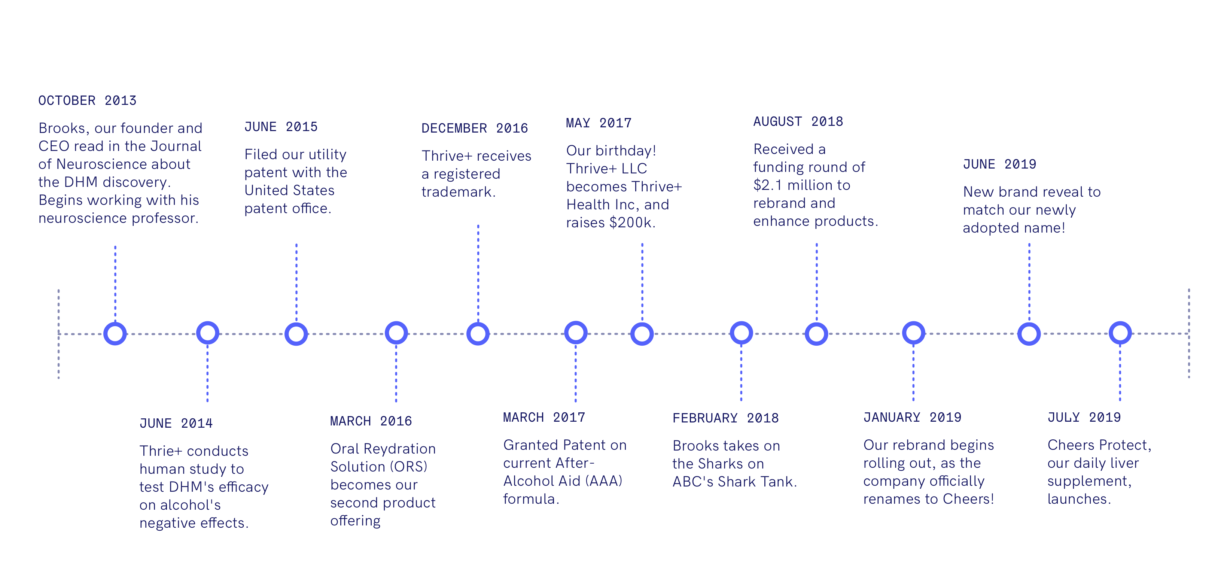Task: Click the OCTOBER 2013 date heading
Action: coord(87,100)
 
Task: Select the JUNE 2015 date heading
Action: coord(281,127)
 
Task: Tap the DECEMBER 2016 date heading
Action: coord(474,128)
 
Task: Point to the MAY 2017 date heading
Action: coord(599,123)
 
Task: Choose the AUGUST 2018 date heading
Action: coord(798,121)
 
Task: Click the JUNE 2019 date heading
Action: coord(999,164)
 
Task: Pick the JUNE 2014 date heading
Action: coord(176,423)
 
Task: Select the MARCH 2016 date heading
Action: coord(371,421)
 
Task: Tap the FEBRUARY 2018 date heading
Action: coord(725,418)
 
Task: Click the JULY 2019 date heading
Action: coord(1084,417)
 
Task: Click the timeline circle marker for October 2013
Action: coord(115,333)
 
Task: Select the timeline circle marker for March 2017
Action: coord(575,333)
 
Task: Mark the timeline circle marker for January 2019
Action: coord(913,333)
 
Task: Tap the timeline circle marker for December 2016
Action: coord(478,333)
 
